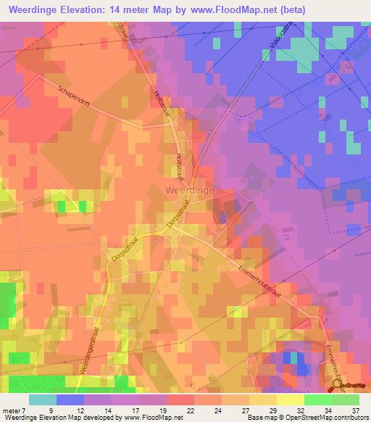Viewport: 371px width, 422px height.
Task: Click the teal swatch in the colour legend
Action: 42,399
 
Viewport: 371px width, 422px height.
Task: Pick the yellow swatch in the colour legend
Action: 290,399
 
